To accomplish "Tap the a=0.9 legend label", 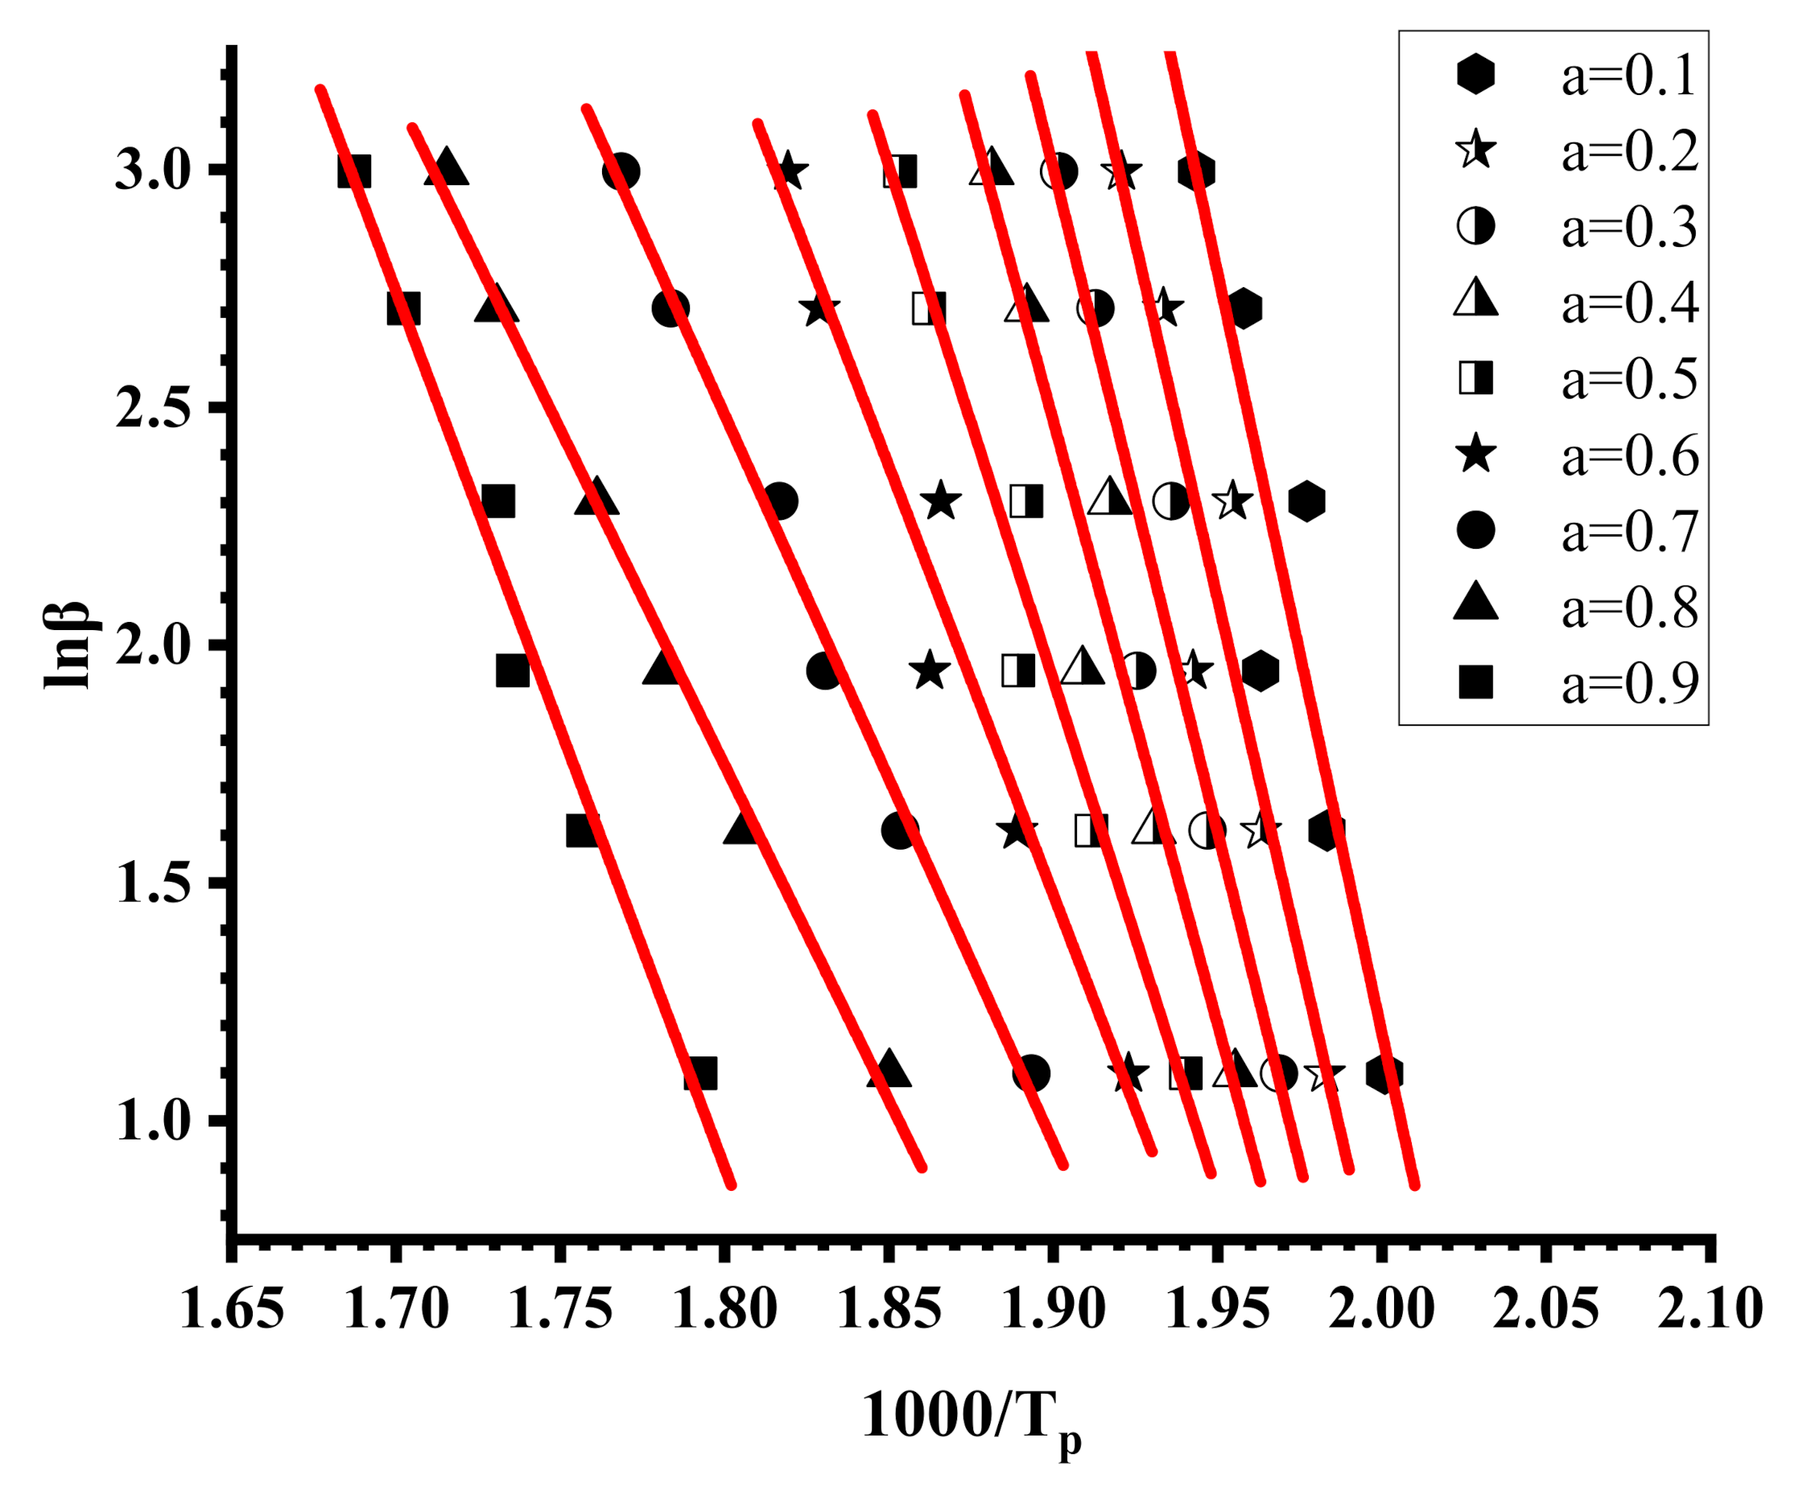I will point(1628,683).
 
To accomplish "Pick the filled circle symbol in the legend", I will point(1475,530).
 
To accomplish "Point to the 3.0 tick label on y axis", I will point(153,170).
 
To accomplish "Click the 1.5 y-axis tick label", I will point(153,882).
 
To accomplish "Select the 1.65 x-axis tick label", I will point(232,1310).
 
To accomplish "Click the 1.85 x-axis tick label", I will point(889,1310).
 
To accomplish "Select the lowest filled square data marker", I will point(699,1073).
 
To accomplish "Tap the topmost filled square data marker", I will point(355,171).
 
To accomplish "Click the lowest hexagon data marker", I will point(1384,1073).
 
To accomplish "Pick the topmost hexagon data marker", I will point(1196,171).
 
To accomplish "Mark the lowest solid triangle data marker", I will point(889,1069).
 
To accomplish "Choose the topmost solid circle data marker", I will point(621,171).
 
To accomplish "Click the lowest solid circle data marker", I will point(1030,1073).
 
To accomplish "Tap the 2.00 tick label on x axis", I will point(1381,1310).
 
